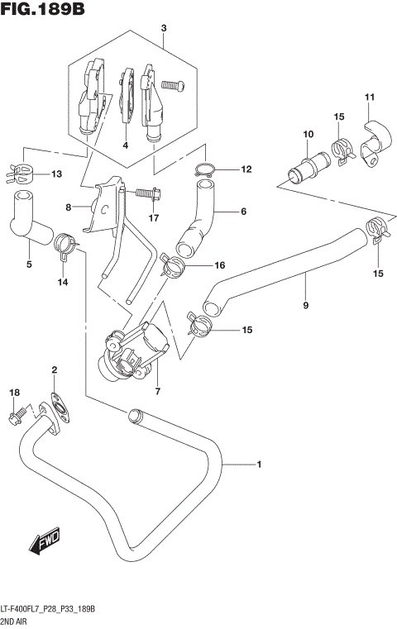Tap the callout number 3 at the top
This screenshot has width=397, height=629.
pyautogui.click(x=164, y=28)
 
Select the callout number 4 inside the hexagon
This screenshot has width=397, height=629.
pyautogui.click(x=125, y=145)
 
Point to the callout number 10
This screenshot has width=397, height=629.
pyautogui.click(x=308, y=134)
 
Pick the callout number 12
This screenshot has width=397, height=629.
pyautogui.click(x=246, y=169)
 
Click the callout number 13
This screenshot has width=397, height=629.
pyautogui.click(x=56, y=174)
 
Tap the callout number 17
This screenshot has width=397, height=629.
pyautogui.click(x=153, y=218)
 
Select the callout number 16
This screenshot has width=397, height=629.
pyautogui.click(x=219, y=265)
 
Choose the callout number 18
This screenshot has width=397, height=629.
pyautogui.click(x=13, y=392)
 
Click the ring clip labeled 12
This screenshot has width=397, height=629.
pyautogui.click(x=204, y=171)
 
